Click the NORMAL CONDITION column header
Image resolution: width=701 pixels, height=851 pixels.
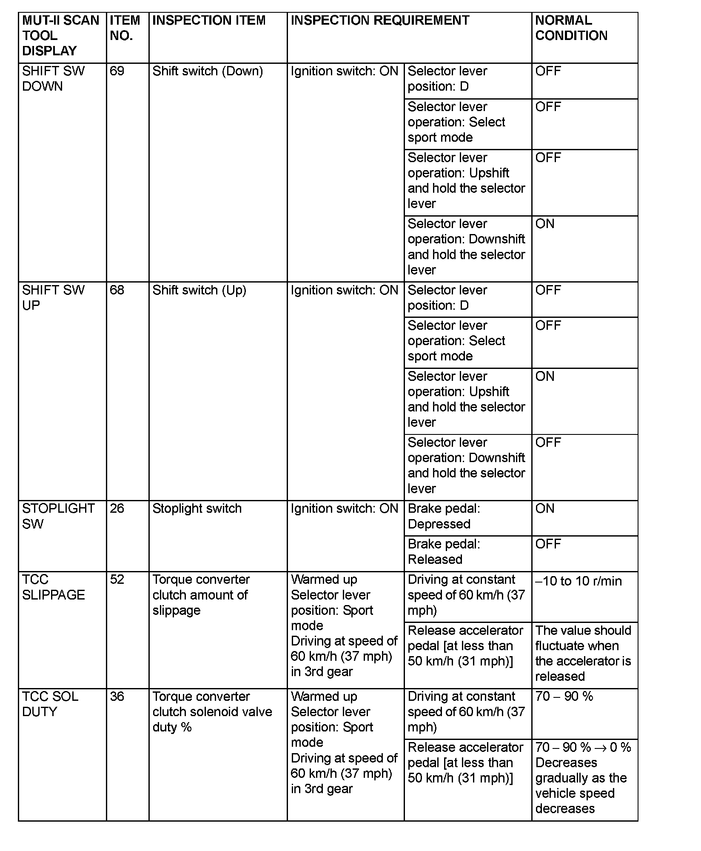pos(571,28)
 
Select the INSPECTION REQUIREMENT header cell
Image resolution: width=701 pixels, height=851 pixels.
pos(379,20)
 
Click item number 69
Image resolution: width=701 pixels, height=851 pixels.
pos(117,71)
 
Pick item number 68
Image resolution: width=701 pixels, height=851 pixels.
pos(117,290)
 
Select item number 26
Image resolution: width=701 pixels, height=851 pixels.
pos(117,508)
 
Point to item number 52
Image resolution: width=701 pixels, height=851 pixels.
pos(117,580)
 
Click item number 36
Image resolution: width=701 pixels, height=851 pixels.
pos(117,697)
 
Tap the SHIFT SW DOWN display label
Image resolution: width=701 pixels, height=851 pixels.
pos(53,79)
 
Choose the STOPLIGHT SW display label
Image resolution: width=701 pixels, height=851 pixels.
pos(58,516)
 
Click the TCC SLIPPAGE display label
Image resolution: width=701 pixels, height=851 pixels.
pos(53,587)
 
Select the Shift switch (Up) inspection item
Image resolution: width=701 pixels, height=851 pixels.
pos(199,290)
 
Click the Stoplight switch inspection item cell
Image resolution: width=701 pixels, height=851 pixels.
pos(197,508)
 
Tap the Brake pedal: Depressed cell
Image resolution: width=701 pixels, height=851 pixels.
pos(443,516)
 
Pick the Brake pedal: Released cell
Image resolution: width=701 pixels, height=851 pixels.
pos(443,551)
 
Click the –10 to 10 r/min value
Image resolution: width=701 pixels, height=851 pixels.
pos(578,581)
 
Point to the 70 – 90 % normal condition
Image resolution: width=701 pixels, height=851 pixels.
pos(564,697)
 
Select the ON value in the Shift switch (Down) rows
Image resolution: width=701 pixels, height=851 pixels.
pos(544,224)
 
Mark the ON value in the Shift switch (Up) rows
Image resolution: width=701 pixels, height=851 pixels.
pos(544,377)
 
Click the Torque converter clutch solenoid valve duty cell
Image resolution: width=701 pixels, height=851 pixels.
pos(212,712)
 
